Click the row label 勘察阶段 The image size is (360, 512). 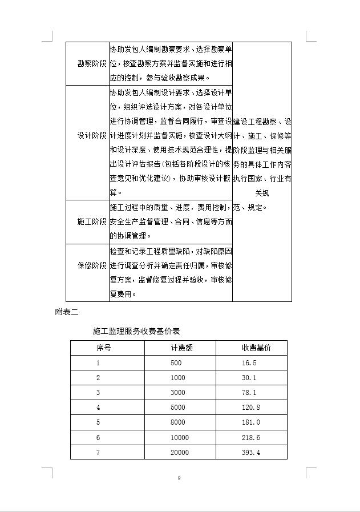coord(92,63)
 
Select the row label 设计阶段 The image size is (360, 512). coord(92,136)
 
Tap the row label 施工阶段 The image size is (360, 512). coord(92,221)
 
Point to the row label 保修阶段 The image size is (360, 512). coord(92,266)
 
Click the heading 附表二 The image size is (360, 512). coord(66,312)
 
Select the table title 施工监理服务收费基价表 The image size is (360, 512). coord(136,331)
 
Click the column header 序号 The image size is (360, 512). coord(103,348)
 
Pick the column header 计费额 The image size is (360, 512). coord(181,348)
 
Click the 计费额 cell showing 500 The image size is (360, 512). coord(176,362)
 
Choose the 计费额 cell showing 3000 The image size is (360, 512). coord(177,393)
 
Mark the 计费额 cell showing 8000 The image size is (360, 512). coord(177,422)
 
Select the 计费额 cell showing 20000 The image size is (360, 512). coord(179,453)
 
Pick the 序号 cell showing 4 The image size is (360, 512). coord(98,408)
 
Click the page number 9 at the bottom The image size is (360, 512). coord(179,478)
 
